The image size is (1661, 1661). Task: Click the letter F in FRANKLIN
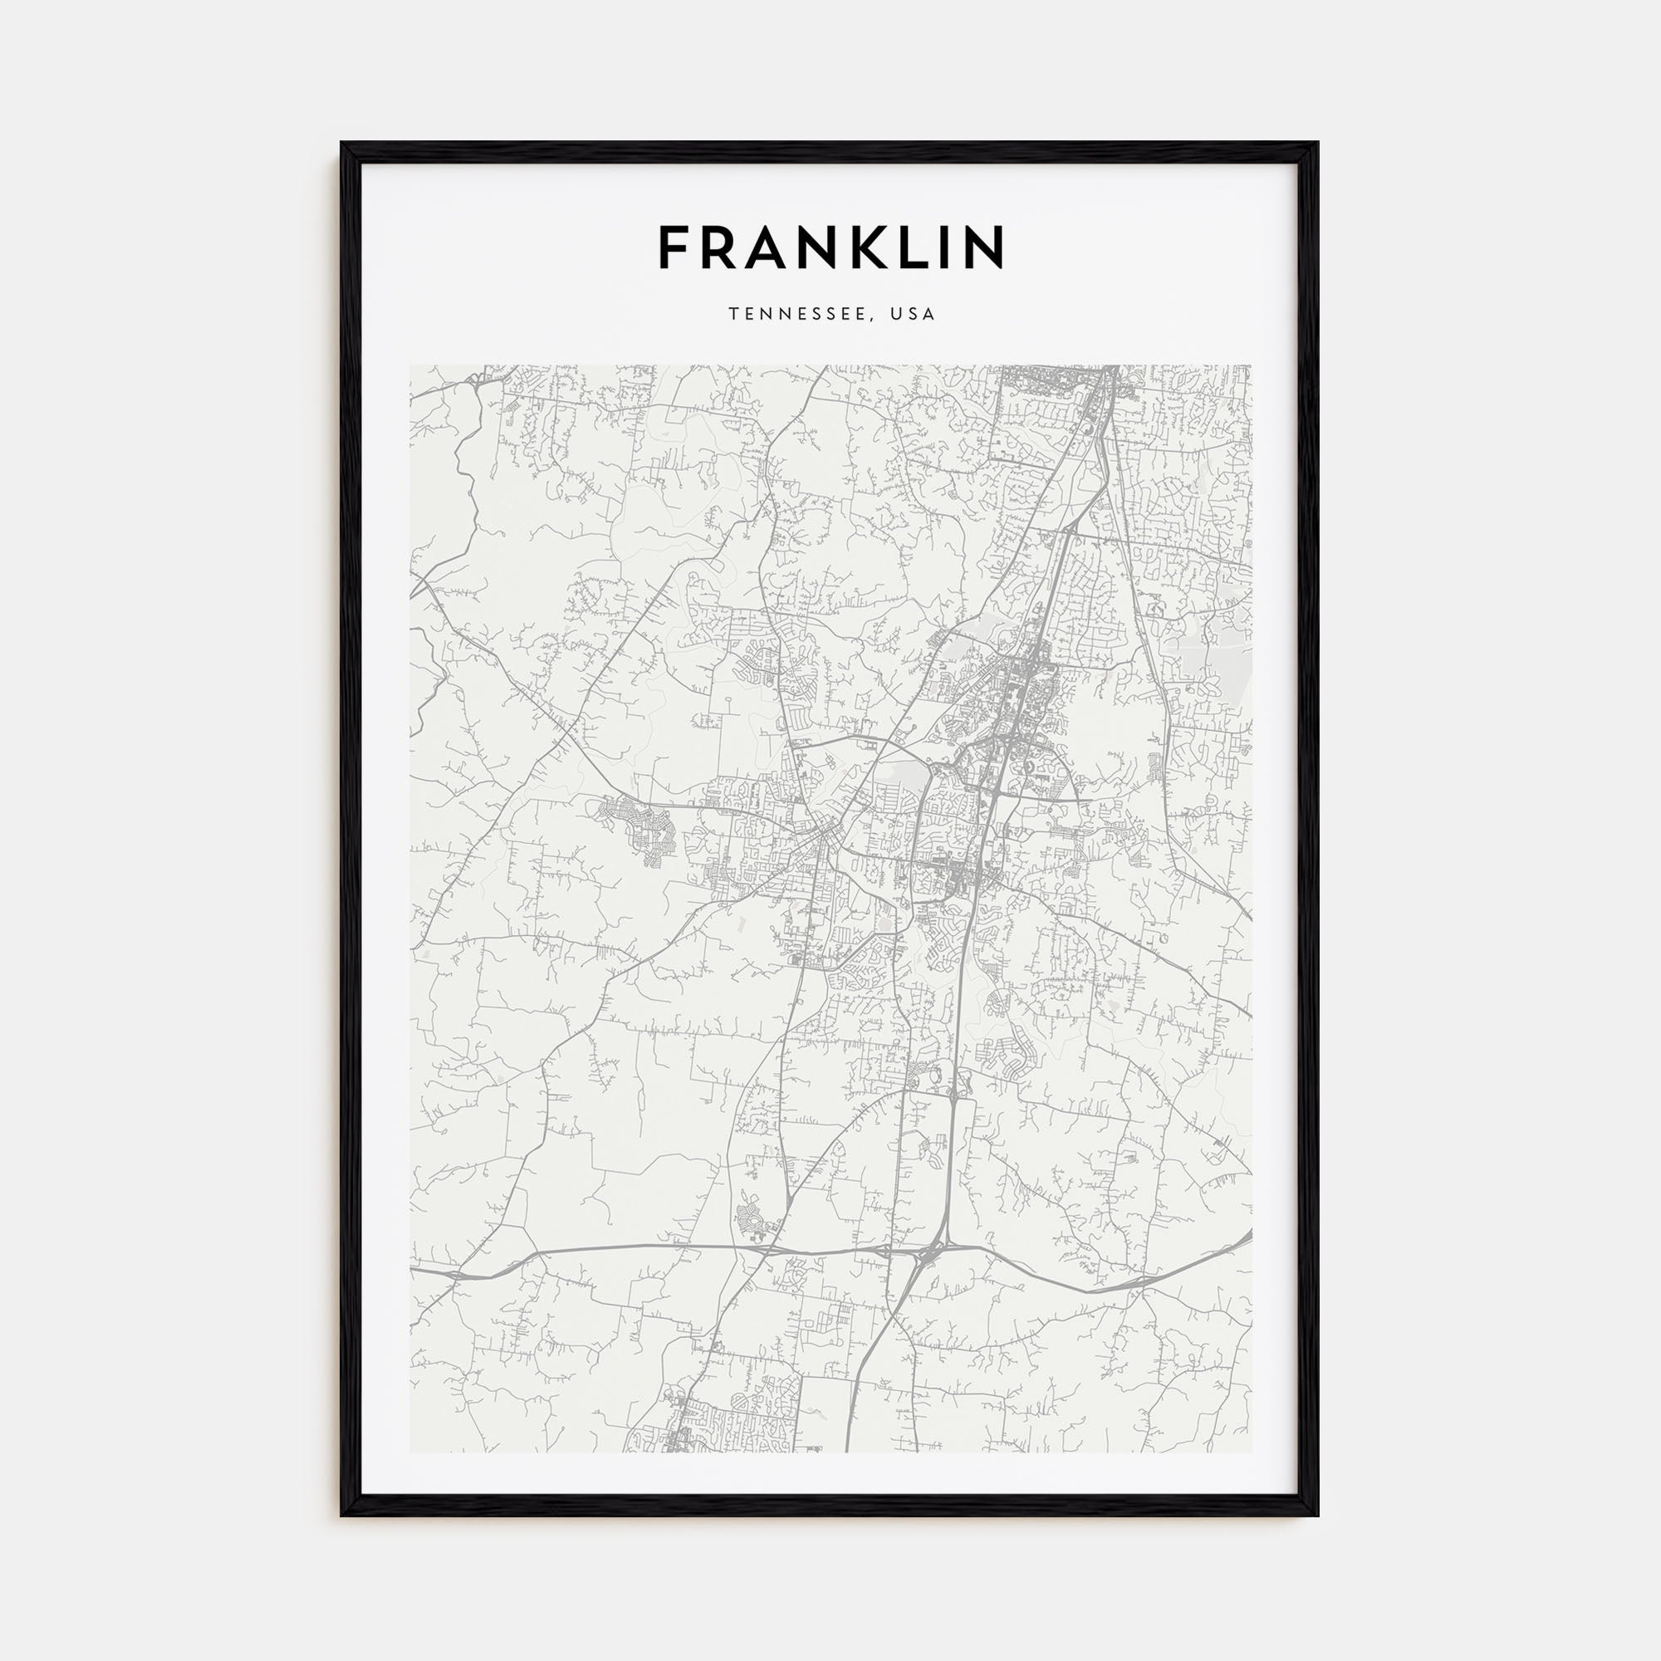coord(675,247)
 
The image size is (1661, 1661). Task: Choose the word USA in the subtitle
coord(913,315)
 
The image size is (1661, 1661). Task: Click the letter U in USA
coord(896,315)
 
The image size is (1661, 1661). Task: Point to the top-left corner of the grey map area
coord(410,365)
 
